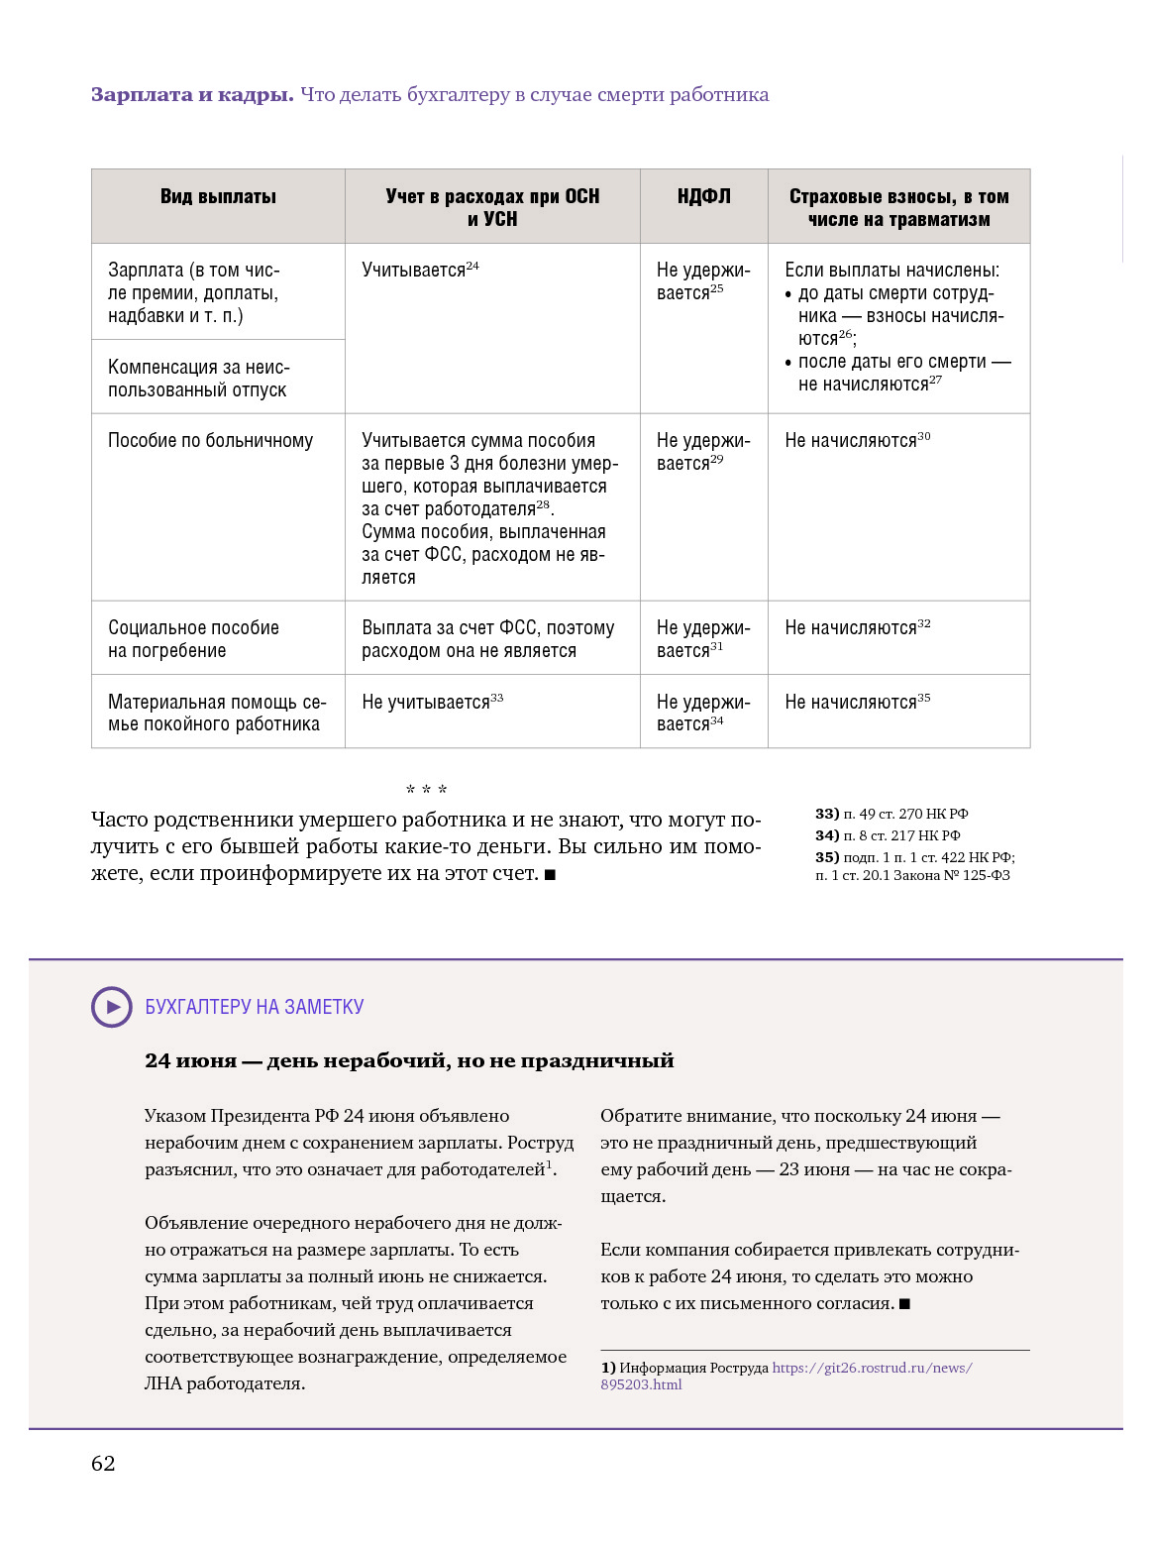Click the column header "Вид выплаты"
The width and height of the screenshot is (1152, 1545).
(x=218, y=197)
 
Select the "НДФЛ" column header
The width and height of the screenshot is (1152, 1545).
(x=703, y=197)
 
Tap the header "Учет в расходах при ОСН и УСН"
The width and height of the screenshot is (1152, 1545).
(x=492, y=208)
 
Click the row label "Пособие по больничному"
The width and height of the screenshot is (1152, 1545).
(x=210, y=441)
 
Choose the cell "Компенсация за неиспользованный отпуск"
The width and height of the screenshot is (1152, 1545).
(x=198, y=379)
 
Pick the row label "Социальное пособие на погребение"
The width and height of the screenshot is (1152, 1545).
(x=193, y=639)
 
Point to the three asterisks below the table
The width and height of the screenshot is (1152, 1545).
(x=426, y=790)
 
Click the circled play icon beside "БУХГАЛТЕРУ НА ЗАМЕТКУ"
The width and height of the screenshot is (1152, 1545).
(x=112, y=1007)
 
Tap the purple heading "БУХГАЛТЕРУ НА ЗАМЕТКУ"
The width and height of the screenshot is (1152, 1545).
(x=255, y=1007)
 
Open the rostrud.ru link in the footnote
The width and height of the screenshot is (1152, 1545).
(x=872, y=1368)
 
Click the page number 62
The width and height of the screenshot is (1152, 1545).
(x=103, y=1464)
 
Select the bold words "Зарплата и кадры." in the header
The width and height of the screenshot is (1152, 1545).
(x=192, y=95)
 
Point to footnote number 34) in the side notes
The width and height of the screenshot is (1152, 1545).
(x=827, y=835)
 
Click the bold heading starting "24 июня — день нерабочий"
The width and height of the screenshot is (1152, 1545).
(x=409, y=1060)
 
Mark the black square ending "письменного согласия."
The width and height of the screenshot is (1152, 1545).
(x=904, y=1304)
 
